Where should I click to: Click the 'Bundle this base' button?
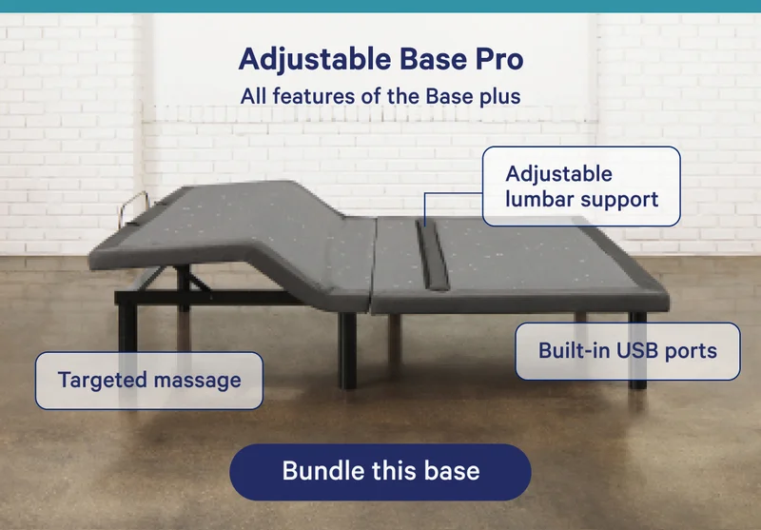(x=380, y=471)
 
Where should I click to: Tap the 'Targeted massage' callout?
(x=148, y=381)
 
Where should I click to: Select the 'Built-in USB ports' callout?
(x=627, y=350)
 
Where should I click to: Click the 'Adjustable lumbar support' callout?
(x=581, y=186)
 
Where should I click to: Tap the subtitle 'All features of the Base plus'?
(x=380, y=95)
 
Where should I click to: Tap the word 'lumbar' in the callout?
(x=537, y=199)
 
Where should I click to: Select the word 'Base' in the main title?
(x=424, y=60)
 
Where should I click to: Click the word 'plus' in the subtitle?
(x=499, y=95)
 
